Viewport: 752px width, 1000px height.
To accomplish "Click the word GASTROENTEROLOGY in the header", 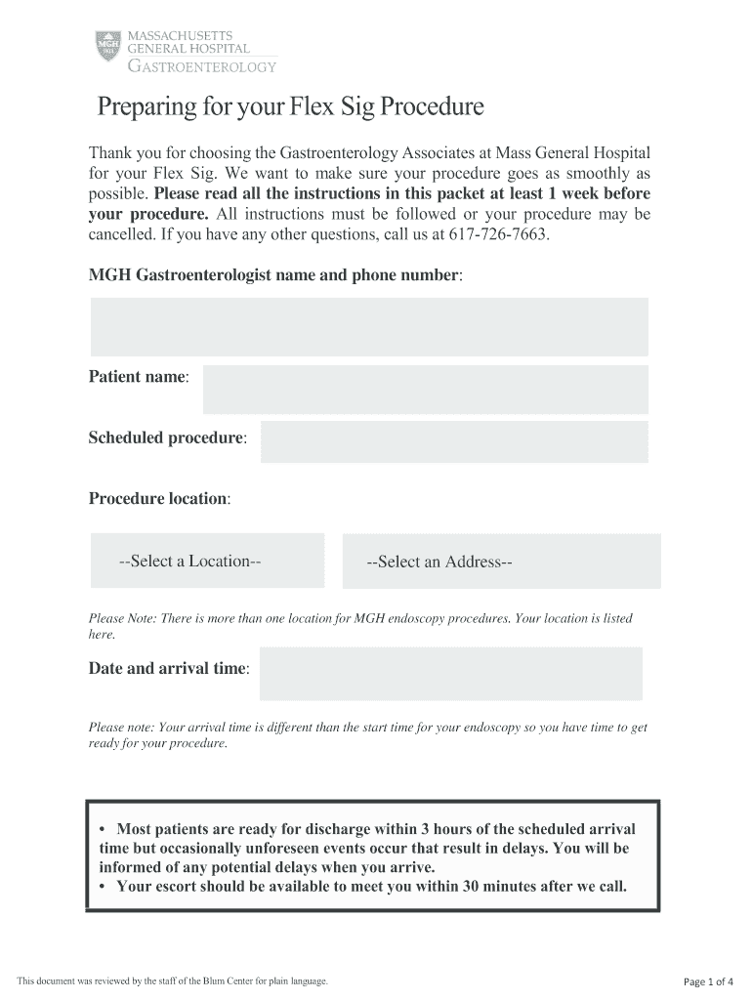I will [x=203, y=66].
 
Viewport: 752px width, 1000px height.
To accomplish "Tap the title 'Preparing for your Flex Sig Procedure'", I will [x=290, y=106].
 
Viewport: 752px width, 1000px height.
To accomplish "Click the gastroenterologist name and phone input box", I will [x=369, y=326].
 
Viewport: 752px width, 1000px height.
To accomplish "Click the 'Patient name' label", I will [x=139, y=377].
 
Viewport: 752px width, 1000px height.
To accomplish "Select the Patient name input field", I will [x=425, y=389].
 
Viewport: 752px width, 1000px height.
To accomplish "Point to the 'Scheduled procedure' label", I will [x=167, y=437].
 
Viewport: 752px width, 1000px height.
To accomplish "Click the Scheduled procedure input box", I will [x=454, y=441].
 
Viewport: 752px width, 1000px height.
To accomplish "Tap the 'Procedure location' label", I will [x=159, y=498].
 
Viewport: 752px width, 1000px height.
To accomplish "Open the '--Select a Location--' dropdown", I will [x=207, y=561].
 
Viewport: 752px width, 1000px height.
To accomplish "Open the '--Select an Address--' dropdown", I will [x=501, y=562].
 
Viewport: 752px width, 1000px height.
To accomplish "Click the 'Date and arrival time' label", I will [x=168, y=669].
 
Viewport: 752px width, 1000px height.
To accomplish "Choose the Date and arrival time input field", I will [x=450, y=673].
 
